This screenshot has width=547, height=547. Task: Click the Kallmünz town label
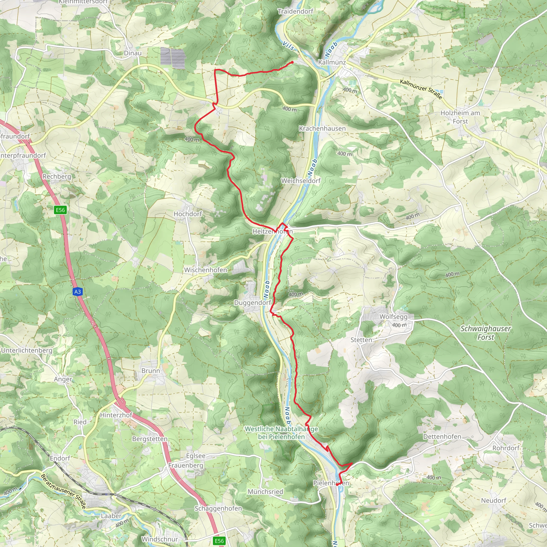(x=332, y=62)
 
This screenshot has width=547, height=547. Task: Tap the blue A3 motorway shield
(x=77, y=292)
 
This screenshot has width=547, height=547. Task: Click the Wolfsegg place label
(x=393, y=317)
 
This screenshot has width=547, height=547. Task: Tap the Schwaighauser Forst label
(x=486, y=333)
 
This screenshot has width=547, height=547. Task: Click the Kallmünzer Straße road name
(x=421, y=89)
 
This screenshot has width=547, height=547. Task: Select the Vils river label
(x=288, y=46)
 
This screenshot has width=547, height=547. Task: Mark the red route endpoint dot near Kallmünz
(x=292, y=62)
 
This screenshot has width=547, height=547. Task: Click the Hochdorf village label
(x=188, y=214)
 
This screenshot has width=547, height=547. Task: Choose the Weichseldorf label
(x=301, y=181)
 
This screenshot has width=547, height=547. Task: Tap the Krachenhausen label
(x=322, y=128)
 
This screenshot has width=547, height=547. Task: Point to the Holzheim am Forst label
(x=460, y=117)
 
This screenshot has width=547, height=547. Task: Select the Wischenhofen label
(x=206, y=270)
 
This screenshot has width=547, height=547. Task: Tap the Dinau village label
(x=132, y=53)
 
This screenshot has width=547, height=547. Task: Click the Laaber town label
(x=111, y=516)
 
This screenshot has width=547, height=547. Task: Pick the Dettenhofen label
(x=442, y=437)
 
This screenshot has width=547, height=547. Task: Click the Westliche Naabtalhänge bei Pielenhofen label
(x=281, y=433)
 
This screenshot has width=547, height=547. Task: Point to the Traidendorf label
(x=295, y=11)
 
